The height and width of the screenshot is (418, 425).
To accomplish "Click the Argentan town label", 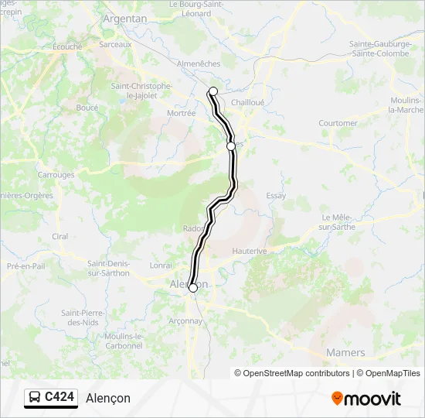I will coord(124,18).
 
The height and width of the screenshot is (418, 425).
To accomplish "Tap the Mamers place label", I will coord(345,352).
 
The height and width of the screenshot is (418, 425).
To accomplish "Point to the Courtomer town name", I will coord(338,123).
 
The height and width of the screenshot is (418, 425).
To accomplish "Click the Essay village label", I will coord(276,196).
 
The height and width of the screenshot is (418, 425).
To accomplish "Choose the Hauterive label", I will coord(250,252).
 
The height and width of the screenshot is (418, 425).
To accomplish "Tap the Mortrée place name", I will coord(182,112).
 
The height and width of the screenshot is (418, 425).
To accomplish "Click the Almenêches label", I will coord(199,63).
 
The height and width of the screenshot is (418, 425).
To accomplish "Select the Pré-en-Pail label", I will coord(24,266).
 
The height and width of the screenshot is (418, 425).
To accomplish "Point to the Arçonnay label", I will coord(185,320).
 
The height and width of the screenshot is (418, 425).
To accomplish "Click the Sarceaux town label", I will coord(116,45).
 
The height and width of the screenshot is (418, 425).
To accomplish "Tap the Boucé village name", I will coord(87,108).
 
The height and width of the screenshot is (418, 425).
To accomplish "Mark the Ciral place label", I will coord(59,236).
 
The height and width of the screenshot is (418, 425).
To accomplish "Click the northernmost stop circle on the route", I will coord(213,91).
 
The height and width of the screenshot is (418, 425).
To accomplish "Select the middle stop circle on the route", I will coord(230,146).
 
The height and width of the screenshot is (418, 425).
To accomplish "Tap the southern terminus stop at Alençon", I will coord(192,288).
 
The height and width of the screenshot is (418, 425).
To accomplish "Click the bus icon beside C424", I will coord(35,398).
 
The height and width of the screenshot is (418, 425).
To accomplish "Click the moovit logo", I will coord(366,399).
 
